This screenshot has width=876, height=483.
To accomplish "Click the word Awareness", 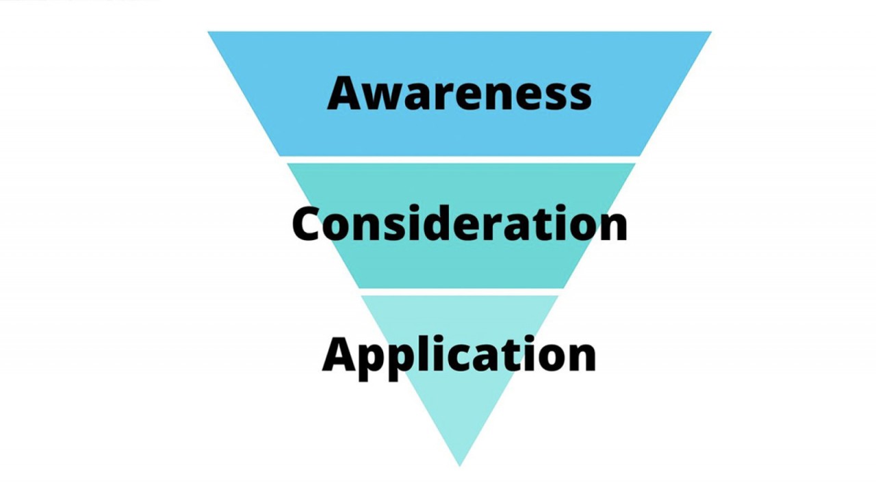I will click(459, 93).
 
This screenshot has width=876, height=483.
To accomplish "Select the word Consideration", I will click(459, 223).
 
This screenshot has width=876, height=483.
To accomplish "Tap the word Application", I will click(459, 354).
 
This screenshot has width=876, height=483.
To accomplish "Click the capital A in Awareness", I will click(346, 93).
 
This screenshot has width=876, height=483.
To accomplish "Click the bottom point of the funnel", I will click(460, 465).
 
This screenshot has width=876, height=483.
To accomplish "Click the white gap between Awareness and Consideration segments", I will click(459, 159).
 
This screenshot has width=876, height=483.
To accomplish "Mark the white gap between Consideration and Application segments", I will click(459, 291).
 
